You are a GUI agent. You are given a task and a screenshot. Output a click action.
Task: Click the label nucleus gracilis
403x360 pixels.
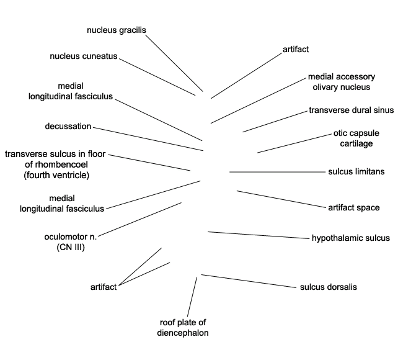click(x=117, y=30)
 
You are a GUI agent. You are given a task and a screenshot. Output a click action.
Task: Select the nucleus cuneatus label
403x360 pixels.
click(x=84, y=56)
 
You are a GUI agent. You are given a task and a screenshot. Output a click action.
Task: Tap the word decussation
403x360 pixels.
click(x=68, y=127)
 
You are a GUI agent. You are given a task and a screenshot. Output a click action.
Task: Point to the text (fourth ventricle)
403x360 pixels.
click(x=56, y=175)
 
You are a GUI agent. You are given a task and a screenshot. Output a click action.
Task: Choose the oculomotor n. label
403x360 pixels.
click(x=71, y=236)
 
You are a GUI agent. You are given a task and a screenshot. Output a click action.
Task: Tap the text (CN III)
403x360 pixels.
click(x=71, y=247)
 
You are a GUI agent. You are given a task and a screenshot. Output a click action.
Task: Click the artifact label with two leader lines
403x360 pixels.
click(x=104, y=287)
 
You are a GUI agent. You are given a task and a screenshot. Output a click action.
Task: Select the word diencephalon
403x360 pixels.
click(x=183, y=333)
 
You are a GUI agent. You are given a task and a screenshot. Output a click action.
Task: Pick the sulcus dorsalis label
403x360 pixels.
click(x=329, y=287)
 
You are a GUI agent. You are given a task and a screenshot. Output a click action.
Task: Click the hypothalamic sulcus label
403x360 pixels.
click(x=351, y=238)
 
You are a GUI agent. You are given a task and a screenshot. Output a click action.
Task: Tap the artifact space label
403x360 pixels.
click(x=354, y=208)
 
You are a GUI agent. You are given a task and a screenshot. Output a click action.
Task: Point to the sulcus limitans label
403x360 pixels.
click(x=356, y=172)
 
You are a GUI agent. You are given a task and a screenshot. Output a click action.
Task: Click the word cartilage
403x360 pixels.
click(x=356, y=143)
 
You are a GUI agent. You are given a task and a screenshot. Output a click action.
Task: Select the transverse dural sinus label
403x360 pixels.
click(x=352, y=110)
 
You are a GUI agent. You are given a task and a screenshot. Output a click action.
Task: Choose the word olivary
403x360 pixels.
click(x=325, y=88)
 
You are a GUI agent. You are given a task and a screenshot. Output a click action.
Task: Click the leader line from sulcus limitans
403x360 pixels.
click(x=278, y=172)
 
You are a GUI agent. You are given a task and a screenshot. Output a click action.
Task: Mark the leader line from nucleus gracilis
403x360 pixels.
click(x=174, y=63)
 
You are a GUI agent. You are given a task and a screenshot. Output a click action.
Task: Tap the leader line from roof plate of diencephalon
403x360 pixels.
click(x=192, y=297)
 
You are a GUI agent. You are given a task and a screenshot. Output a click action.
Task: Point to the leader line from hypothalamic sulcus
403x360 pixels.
click(x=259, y=235)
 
